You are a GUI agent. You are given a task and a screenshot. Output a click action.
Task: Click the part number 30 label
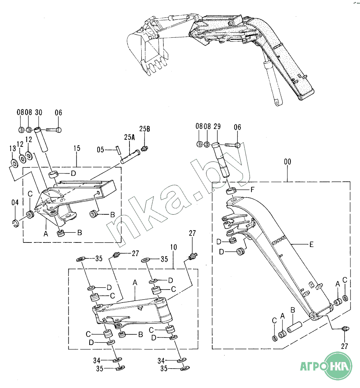38,112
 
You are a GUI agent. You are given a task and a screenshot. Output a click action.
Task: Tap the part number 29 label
217,127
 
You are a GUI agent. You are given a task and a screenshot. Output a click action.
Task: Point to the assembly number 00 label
287,162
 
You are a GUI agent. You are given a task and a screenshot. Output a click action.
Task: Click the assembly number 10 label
173,247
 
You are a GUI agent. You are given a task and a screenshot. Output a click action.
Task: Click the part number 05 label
100,149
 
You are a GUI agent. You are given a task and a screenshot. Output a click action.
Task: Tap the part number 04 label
15,203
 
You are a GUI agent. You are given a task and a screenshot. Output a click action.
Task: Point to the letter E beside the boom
311,244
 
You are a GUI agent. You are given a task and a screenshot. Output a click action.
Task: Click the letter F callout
252,190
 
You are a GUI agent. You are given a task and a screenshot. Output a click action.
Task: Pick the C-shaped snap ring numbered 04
15,223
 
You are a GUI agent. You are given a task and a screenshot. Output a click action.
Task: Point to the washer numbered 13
13,164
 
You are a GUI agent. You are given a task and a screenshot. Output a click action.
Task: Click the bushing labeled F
231,191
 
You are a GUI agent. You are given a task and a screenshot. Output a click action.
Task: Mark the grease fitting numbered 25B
144,148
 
